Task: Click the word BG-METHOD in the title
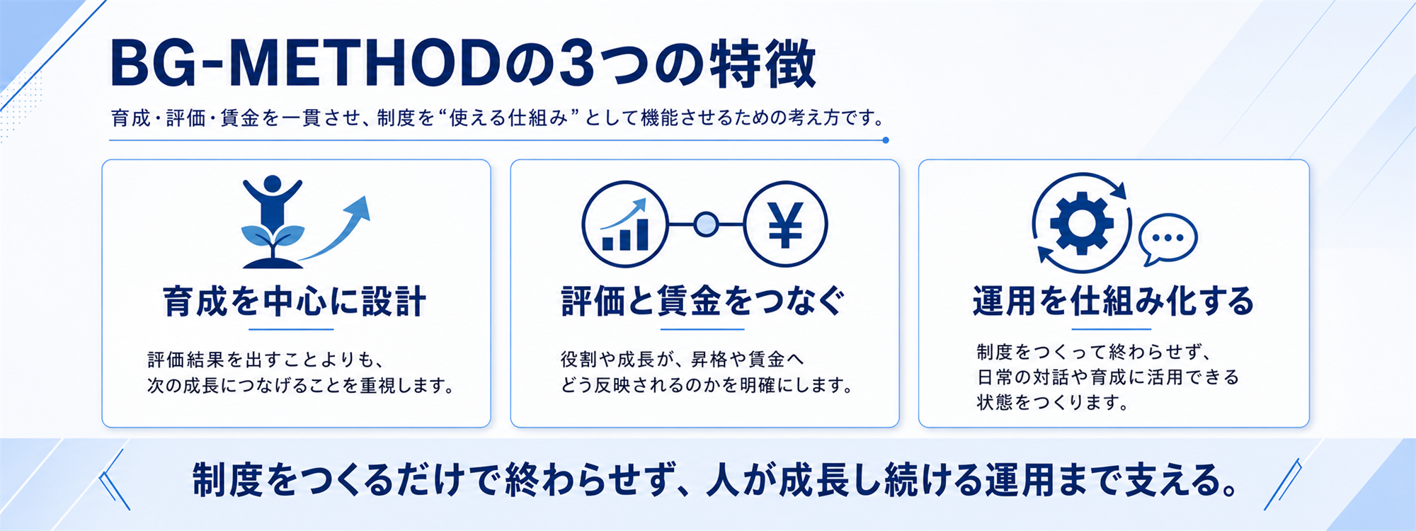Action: [306, 64]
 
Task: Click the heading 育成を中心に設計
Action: [295, 302]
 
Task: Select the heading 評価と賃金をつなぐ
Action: [703, 302]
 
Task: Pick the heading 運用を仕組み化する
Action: [1113, 302]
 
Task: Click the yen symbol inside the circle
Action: [786, 224]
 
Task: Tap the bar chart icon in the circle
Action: [625, 225]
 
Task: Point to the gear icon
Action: [1081, 223]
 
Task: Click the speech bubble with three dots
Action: [1167, 239]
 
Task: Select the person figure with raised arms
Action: [272, 202]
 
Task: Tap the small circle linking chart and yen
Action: [706, 225]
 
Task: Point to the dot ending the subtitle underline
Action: [886, 140]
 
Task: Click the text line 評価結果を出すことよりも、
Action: [266, 360]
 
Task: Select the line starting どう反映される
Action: [706, 386]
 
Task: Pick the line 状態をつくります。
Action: [1052, 403]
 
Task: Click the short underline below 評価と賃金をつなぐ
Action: [703, 329]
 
